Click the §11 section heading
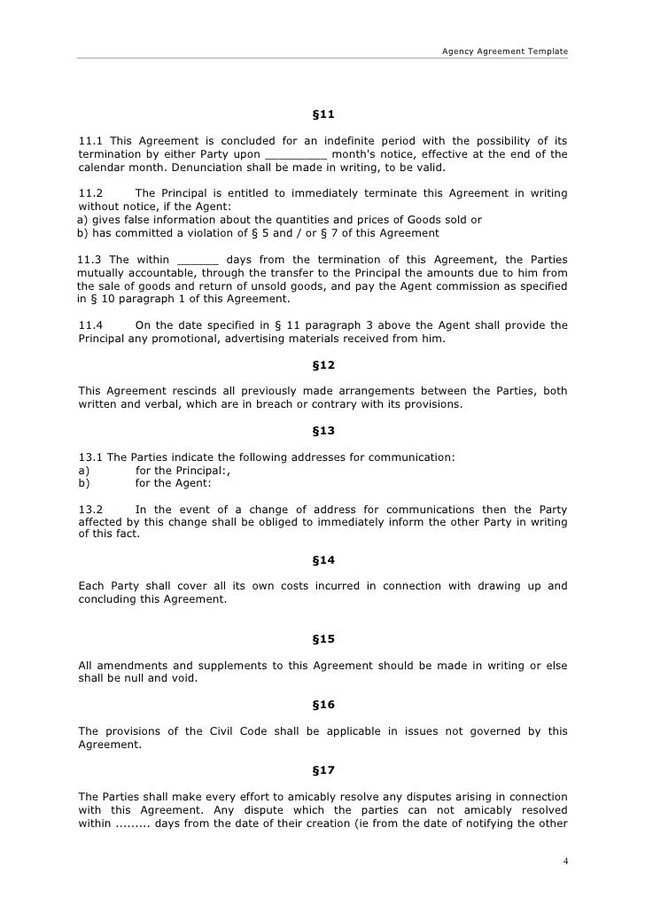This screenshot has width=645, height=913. tap(323, 115)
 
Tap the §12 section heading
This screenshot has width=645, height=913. tap(323, 364)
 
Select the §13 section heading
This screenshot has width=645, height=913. tap(323, 431)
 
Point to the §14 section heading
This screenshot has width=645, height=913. tap(323, 559)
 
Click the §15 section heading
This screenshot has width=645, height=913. tap(323, 638)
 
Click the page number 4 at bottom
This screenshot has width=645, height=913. tap(564, 861)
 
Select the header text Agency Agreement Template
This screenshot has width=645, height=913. tap(505, 51)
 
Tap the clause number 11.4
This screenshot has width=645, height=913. tap(91, 325)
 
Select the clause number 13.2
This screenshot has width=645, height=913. tap(91, 510)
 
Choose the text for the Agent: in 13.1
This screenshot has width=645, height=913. tap(173, 483)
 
